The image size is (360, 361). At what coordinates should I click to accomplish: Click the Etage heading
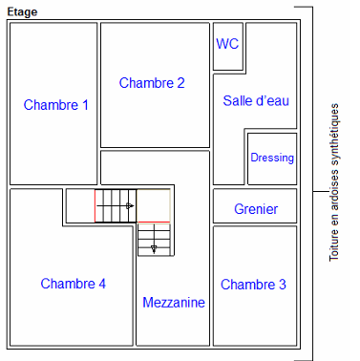(22, 12)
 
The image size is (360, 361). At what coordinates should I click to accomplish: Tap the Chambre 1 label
(56, 105)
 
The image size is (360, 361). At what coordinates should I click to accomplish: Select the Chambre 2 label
(152, 83)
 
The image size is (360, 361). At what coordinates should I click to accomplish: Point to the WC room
(228, 47)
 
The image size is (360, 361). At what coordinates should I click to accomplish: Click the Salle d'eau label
(256, 101)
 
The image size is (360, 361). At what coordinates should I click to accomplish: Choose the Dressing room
(272, 159)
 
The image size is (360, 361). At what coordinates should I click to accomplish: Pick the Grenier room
(255, 205)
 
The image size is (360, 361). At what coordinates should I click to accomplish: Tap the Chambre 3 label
(253, 285)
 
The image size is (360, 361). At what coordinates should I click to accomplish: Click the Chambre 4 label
(74, 284)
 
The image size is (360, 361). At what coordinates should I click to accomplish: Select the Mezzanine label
(174, 303)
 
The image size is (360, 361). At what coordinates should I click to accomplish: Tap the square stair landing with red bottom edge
(154, 205)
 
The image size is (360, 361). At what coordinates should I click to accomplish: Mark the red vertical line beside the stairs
(95, 205)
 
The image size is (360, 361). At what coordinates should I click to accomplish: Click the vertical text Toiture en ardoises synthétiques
(334, 182)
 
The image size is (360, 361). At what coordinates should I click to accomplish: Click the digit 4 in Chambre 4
(102, 284)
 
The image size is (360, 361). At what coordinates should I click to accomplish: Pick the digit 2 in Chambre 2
(180, 83)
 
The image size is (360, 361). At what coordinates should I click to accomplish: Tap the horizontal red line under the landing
(154, 222)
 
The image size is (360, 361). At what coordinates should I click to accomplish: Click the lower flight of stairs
(155, 240)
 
